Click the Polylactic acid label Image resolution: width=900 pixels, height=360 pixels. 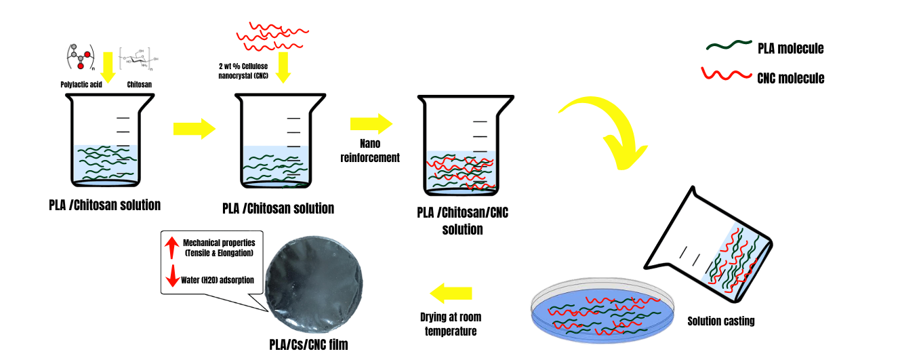coord(81,86)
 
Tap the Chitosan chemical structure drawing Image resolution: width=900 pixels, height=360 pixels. coord(138,61)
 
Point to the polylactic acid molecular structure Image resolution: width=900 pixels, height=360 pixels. coord(78,57)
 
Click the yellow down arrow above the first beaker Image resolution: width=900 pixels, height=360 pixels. coord(106,65)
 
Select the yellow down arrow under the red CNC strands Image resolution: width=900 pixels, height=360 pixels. coord(283,68)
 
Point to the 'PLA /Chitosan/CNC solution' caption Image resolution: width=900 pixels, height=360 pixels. coord(463,221)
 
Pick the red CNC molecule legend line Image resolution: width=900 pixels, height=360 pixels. coord(728,74)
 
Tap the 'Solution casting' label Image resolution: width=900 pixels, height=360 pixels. coord(720,321)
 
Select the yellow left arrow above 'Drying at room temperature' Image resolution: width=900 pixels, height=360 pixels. coord(451,294)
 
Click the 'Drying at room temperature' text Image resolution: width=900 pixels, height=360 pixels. coord(451,324)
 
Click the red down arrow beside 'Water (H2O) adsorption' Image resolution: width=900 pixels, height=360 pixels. coord(171,279)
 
